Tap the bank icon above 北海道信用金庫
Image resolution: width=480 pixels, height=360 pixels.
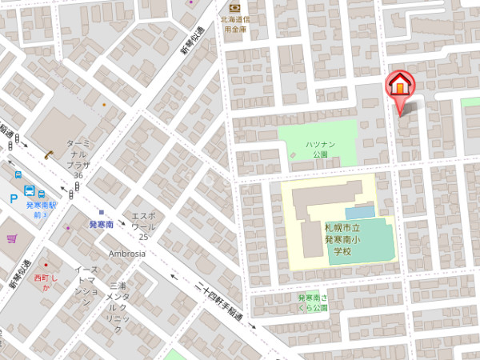point(234,7)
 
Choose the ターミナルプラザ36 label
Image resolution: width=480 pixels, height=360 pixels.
point(77,157)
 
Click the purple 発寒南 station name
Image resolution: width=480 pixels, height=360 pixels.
point(102,225)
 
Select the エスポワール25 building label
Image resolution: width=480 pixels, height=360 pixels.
point(142,226)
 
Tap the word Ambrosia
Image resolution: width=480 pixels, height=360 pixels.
point(127,254)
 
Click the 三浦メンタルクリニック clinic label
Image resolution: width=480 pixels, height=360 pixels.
point(117,307)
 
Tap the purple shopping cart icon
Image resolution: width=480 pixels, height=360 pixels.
point(11,238)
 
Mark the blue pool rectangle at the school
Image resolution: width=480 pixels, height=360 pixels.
point(359,212)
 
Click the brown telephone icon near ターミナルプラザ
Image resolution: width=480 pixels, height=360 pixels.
point(50,153)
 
